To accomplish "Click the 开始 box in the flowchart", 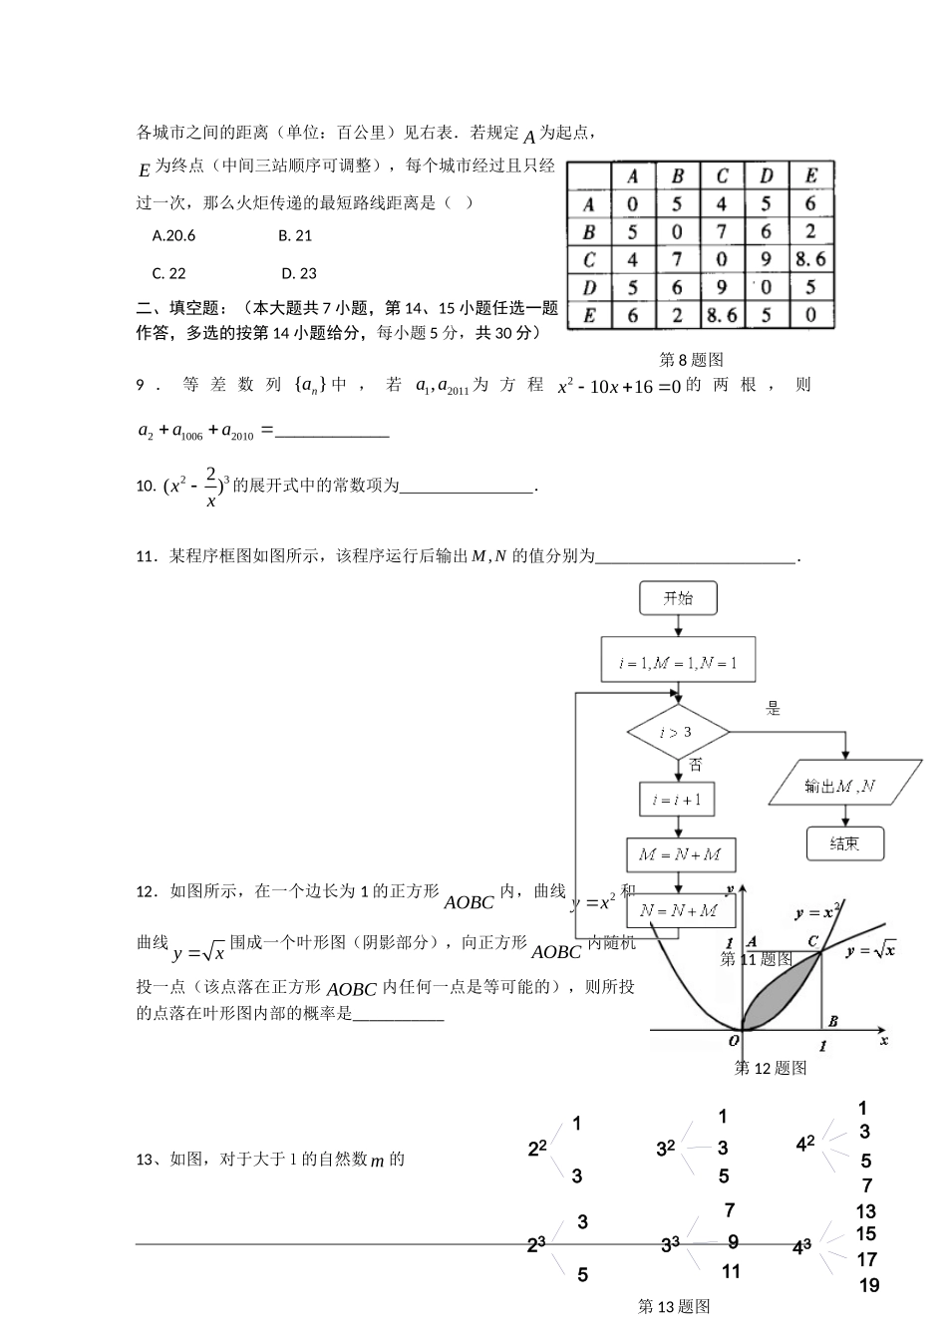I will (x=678, y=599).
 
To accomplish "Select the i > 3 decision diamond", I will (x=678, y=733).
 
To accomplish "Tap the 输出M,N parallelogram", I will (x=844, y=786).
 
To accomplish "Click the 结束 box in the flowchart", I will (x=844, y=843).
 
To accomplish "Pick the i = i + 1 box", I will (x=678, y=800).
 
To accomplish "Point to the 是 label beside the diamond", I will (x=774, y=709).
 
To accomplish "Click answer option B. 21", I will (x=296, y=236).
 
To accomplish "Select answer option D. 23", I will (x=299, y=274).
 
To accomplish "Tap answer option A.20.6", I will (x=174, y=236).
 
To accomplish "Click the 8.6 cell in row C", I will (x=811, y=260).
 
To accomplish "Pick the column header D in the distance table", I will (x=767, y=176).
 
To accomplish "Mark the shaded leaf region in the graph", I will (x=784, y=997).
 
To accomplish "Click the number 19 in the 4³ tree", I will (x=869, y=1286).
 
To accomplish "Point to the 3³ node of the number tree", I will (x=670, y=1244).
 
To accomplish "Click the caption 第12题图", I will (x=771, y=1069).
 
